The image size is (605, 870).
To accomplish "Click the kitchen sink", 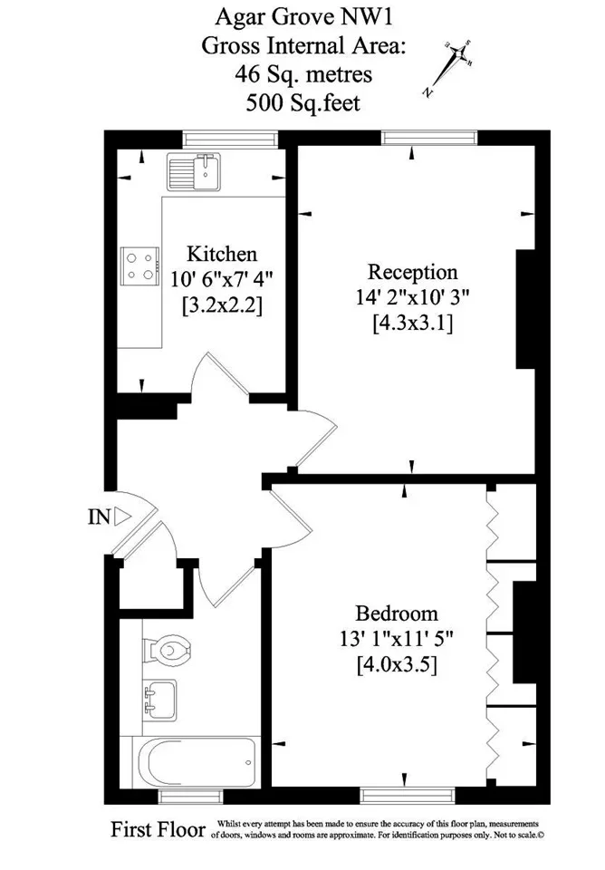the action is pos(194,172).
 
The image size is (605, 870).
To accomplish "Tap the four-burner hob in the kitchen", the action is pos(139,266).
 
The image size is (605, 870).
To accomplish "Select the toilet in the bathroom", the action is pos(168,649).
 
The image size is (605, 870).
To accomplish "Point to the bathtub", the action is pos(197,762).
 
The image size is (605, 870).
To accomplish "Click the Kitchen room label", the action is pos(222,254).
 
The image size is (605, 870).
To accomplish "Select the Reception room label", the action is pos(413,272).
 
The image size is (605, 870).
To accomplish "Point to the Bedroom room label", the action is pos(397,614).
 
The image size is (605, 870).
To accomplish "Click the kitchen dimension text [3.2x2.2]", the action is pos(222,305).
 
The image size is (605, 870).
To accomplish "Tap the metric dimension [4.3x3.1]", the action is pos(413,323).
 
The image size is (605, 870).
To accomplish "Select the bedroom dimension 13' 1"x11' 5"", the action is pos(397,639).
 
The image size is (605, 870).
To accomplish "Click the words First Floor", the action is pos(158,829).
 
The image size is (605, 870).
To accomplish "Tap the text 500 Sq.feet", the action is pos(303,102).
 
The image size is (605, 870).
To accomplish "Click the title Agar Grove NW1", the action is pos(303,17).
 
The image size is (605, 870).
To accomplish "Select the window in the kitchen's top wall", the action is pos(231,139).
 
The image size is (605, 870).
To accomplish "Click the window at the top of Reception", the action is pos(429,138).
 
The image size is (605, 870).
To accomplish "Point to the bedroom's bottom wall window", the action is pos(408,797).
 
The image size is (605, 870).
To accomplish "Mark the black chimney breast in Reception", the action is pos(525,309).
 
